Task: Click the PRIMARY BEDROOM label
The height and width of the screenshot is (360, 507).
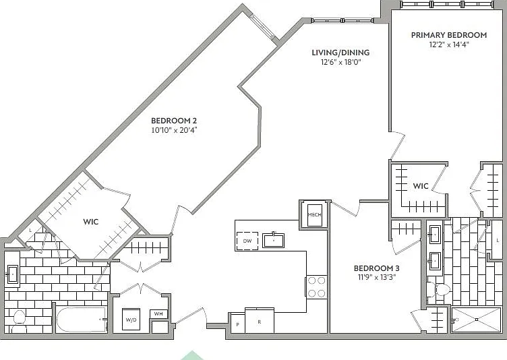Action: pyautogui.click(x=449, y=35)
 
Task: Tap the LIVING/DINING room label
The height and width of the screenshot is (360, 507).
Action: pyautogui.click(x=340, y=53)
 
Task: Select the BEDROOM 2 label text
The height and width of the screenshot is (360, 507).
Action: pyautogui.click(x=174, y=121)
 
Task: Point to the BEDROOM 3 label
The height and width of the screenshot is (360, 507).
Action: pyautogui.click(x=376, y=268)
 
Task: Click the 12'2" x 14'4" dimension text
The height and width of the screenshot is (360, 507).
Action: pyautogui.click(x=449, y=44)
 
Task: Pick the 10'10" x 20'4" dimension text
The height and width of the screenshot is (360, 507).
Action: pyautogui.click(x=174, y=130)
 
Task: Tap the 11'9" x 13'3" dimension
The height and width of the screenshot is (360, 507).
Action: pyautogui.click(x=377, y=277)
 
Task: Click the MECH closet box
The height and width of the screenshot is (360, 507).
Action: pyautogui.click(x=315, y=215)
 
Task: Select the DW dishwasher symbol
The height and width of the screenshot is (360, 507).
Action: pyautogui.click(x=247, y=241)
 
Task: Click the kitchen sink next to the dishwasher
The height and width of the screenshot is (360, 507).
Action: pyautogui.click(x=273, y=240)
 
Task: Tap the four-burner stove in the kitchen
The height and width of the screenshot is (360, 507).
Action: pyautogui.click(x=317, y=287)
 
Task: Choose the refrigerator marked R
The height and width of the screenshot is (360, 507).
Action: pyautogui.click(x=260, y=320)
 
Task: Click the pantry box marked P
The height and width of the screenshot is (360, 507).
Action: pyautogui.click(x=237, y=324)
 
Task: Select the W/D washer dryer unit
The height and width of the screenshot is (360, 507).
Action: pyautogui.click(x=131, y=320)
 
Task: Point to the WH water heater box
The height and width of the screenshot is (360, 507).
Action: pyautogui.click(x=158, y=313)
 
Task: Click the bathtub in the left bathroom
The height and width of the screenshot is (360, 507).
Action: pyautogui.click(x=82, y=320)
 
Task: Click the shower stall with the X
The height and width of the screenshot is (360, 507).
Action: pyautogui.click(x=476, y=320)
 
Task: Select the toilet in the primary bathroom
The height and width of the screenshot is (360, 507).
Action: pyautogui.click(x=439, y=289)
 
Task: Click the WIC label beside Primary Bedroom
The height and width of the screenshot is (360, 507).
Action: pyautogui.click(x=421, y=186)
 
